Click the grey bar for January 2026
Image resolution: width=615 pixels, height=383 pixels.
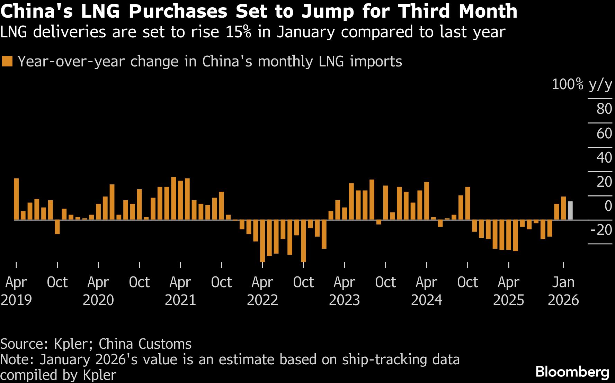tap(570, 211)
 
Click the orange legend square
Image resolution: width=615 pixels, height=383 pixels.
tap(7, 62)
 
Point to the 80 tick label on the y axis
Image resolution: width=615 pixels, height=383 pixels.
tap(604, 109)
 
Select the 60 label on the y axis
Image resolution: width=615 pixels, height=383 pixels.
tap(604, 133)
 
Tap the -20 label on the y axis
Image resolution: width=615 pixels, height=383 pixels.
tap(601, 230)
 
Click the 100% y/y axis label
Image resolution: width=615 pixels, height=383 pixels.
tap(582, 84)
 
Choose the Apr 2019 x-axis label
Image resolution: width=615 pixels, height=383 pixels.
tap(16, 291)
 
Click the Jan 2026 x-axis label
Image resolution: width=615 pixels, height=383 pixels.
tap(563, 291)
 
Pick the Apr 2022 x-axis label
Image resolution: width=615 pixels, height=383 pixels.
tap(262, 291)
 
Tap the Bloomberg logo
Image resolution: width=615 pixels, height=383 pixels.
tap(572, 372)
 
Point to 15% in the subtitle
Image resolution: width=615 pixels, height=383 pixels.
tap(238, 32)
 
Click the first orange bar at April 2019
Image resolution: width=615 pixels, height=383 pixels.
tap(16, 199)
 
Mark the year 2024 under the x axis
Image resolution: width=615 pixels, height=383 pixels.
tap(427, 300)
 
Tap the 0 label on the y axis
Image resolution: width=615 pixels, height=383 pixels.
tap(608, 206)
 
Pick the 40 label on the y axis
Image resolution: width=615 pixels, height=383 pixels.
tap(604, 157)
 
